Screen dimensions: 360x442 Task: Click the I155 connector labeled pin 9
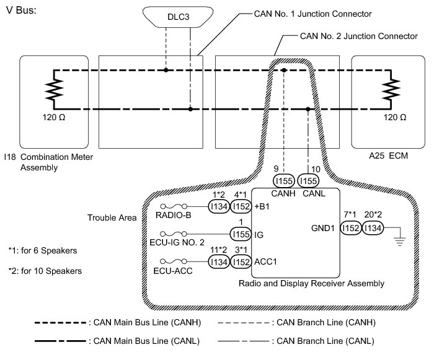pyautogui.click(x=284, y=180)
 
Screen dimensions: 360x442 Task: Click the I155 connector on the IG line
pyautogui.click(x=241, y=234)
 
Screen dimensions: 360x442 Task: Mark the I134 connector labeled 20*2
pyautogui.click(x=375, y=229)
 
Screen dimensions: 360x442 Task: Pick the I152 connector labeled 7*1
pyautogui.click(x=351, y=229)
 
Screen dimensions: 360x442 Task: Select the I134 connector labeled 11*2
pyautogui.click(x=218, y=263)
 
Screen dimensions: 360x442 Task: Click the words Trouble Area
pyautogui.click(x=112, y=218)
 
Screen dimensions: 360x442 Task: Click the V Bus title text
pyautogui.click(x=22, y=12)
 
